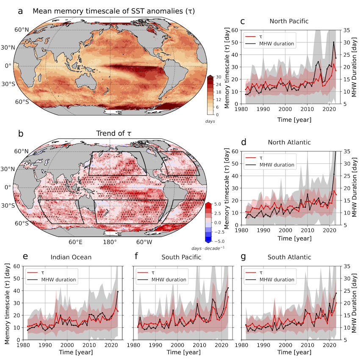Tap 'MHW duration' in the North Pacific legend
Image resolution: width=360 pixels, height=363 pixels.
click(x=278, y=44)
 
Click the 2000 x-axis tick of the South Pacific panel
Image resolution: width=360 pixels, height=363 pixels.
click(x=177, y=345)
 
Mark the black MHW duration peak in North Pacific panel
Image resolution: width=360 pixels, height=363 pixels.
click(x=333, y=42)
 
